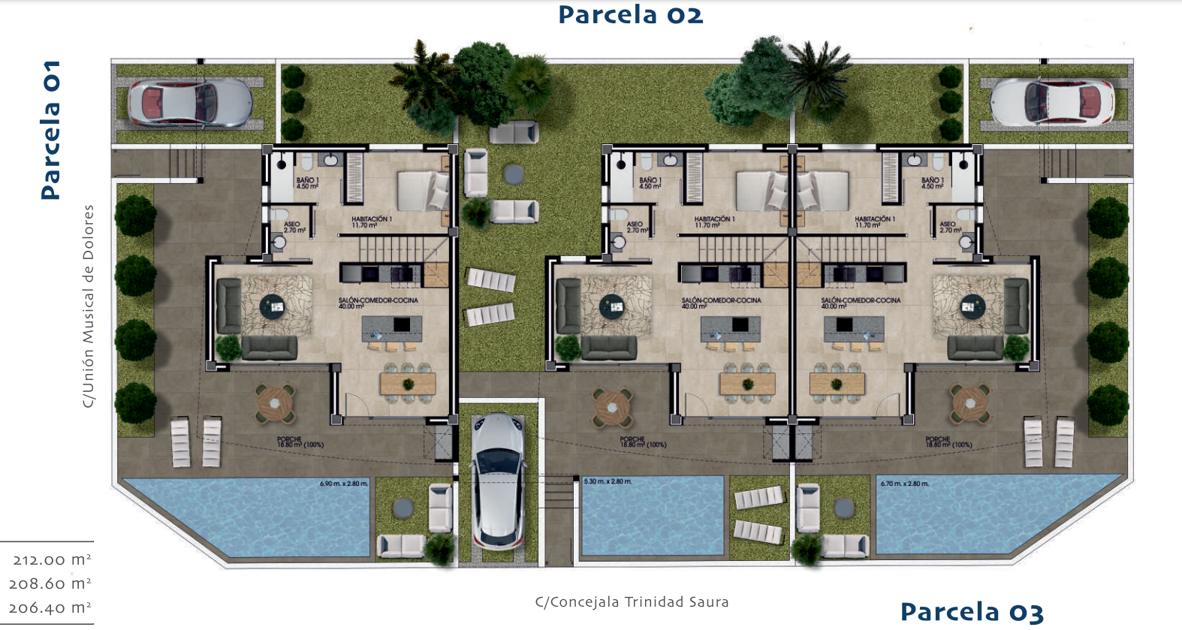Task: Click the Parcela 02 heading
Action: [x=630, y=15]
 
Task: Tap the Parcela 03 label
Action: [x=972, y=612]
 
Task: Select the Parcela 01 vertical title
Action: [x=50, y=130]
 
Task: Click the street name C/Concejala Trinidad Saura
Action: [x=632, y=602]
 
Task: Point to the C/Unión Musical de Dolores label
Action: [x=89, y=306]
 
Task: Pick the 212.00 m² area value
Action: [x=52, y=560]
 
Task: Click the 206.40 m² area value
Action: [x=50, y=608]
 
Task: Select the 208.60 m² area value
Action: [x=50, y=584]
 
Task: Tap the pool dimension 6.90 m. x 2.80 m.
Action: [x=344, y=484]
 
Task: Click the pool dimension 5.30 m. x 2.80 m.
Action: [x=608, y=481]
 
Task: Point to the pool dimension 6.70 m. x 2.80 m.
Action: [x=904, y=484]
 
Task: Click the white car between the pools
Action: [x=498, y=481]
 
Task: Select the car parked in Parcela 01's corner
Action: [x=189, y=103]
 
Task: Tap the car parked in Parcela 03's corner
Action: [x=1052, y=103]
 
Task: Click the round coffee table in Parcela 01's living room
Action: [x=273, y=306]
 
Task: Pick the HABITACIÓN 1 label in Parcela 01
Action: [x=372, y=222]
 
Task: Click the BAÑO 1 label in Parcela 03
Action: [x=932, y=182]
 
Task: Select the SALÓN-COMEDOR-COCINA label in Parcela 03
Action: [x=861, y=303]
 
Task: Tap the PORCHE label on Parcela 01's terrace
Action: [x=300, y=442]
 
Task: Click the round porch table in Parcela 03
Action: [x=970, y=404]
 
